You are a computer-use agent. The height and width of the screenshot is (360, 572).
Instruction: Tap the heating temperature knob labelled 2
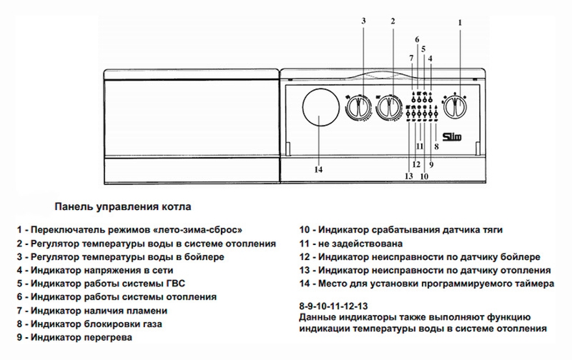[389, 107]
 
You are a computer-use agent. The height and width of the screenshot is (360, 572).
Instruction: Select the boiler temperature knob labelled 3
[358, 107]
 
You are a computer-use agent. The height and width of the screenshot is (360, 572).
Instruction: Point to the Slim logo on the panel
[452, 136]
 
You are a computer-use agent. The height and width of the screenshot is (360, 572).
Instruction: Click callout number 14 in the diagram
[318, 170]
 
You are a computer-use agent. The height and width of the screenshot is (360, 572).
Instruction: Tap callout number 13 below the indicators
[409, 176]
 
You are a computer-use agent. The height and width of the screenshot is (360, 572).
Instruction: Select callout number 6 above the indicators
[417, 40]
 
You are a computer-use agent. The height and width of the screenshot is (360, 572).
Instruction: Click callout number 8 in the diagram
[436, 147]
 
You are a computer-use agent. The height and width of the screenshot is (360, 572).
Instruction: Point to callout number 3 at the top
[363, 21]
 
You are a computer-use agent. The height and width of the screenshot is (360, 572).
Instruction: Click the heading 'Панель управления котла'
[123, 207]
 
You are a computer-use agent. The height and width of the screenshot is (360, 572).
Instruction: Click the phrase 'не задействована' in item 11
[360, 243]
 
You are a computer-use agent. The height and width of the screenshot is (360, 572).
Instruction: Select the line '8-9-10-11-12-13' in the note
[333, 306]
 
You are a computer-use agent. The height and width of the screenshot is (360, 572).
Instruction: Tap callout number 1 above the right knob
[460, 23]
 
